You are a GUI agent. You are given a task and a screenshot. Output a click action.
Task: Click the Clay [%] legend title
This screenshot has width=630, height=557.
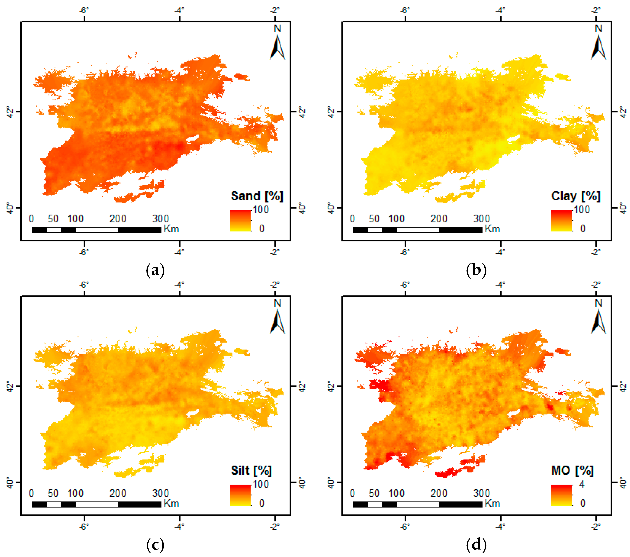point(576,196)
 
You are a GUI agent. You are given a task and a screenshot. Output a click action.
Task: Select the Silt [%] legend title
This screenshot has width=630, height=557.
point(251,471)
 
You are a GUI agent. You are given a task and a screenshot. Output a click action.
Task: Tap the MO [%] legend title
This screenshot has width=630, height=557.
point(572,471)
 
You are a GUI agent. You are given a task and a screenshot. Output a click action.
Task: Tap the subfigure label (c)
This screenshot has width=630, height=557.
point(155,545)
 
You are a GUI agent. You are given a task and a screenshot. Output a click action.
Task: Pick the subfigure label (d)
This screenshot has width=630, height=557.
point(476,545)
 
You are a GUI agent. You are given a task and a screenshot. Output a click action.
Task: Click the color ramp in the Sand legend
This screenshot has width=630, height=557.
point(240,221)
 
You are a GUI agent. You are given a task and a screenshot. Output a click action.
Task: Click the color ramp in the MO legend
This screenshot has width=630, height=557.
point(561,495)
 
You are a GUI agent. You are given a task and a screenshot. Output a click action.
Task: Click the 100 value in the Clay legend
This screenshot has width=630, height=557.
point(582,210)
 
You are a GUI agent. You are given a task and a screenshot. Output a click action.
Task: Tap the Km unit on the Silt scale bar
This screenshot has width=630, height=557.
point(171,504)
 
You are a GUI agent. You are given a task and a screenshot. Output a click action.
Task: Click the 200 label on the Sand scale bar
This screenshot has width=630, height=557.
point(118,219)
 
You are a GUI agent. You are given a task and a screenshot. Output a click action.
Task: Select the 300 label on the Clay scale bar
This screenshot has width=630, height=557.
point(482,219)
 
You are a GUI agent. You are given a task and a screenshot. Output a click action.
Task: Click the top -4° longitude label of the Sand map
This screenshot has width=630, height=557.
point(179,10)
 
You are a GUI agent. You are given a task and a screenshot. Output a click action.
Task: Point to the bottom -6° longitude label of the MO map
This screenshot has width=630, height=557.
point(405,527)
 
